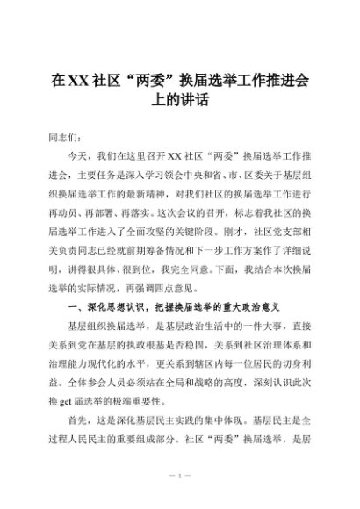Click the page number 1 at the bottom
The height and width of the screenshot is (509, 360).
click(x=179, y=476)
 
